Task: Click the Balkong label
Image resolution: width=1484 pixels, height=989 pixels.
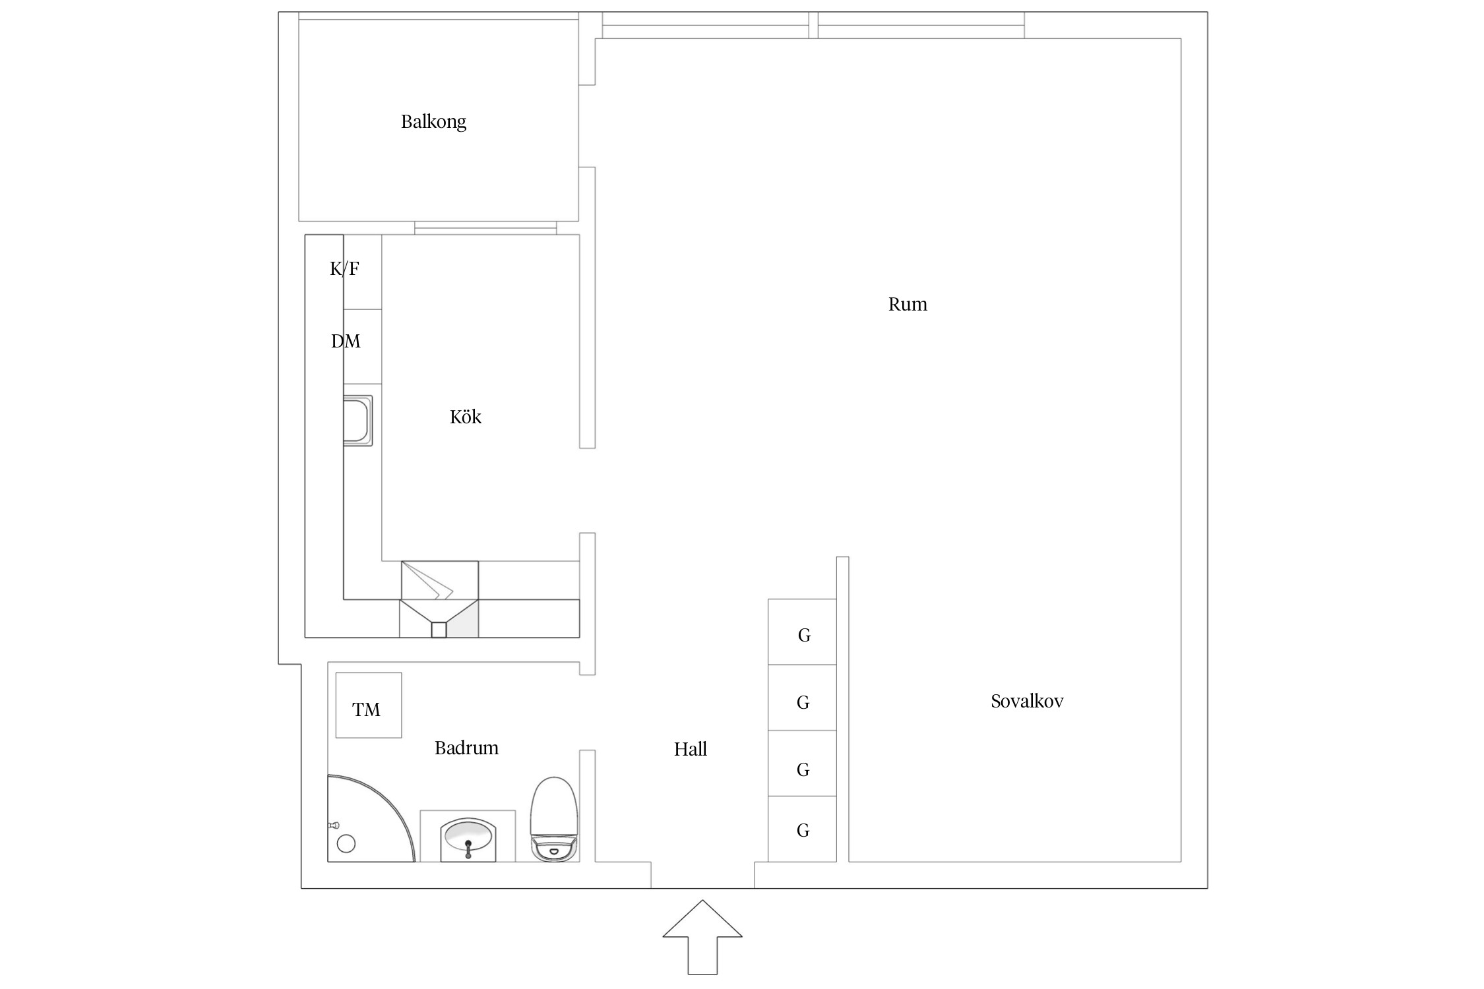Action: [x=433, y=122]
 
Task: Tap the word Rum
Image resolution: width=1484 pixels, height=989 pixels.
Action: [x=908, y=304]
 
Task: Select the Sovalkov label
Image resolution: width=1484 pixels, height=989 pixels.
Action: [x=1027, y=701]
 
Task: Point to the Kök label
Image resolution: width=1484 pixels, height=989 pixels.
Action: [x=466, y=417]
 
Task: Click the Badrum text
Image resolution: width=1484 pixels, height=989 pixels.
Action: [x=466, y=748]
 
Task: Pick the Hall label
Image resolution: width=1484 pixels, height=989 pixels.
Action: [x=691, y=749]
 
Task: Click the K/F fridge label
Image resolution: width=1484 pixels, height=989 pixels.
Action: [x=344, y=268]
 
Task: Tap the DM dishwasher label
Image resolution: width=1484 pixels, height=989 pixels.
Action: [x=346, y=341]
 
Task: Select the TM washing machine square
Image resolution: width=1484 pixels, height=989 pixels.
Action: [x=369, y=705]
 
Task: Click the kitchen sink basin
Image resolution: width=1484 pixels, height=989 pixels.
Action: [x=357, y=421]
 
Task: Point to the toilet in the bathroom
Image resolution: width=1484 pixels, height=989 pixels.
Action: [x=555, y=819]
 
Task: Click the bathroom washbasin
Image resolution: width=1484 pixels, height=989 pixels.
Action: [x=468, y=837]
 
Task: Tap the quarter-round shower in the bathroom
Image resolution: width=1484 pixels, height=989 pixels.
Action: [x=371, y=818]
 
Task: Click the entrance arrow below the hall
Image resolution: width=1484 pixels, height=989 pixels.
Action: [x=702, y=937]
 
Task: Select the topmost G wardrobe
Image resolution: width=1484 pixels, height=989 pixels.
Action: [x=802, y=632]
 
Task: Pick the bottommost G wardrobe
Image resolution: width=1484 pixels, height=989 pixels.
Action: [x=802, y=829]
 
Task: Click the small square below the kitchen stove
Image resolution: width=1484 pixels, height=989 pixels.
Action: [x=439, y=630]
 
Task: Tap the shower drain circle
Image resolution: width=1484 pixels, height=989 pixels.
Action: [x=346, y=843]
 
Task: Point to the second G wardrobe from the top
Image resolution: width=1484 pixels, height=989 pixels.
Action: [x=802, y=698]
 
